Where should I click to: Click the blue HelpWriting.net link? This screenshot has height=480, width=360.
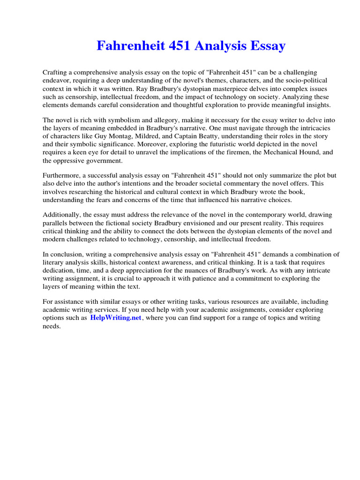[116, 318]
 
